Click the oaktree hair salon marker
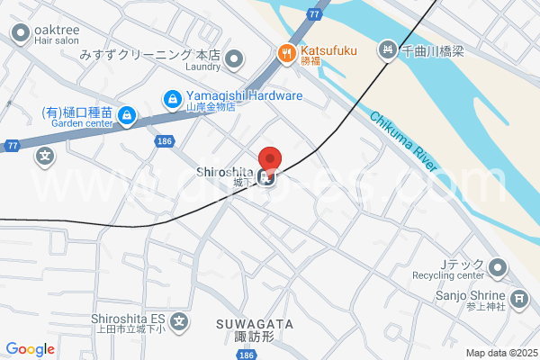[20, 34]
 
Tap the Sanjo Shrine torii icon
[518, 298]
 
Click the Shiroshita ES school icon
[180, 320]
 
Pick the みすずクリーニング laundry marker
[234, 59]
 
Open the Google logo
[30, 348]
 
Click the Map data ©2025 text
[500, 353]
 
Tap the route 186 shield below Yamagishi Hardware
[164, 141]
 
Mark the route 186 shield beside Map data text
[245, 355]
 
